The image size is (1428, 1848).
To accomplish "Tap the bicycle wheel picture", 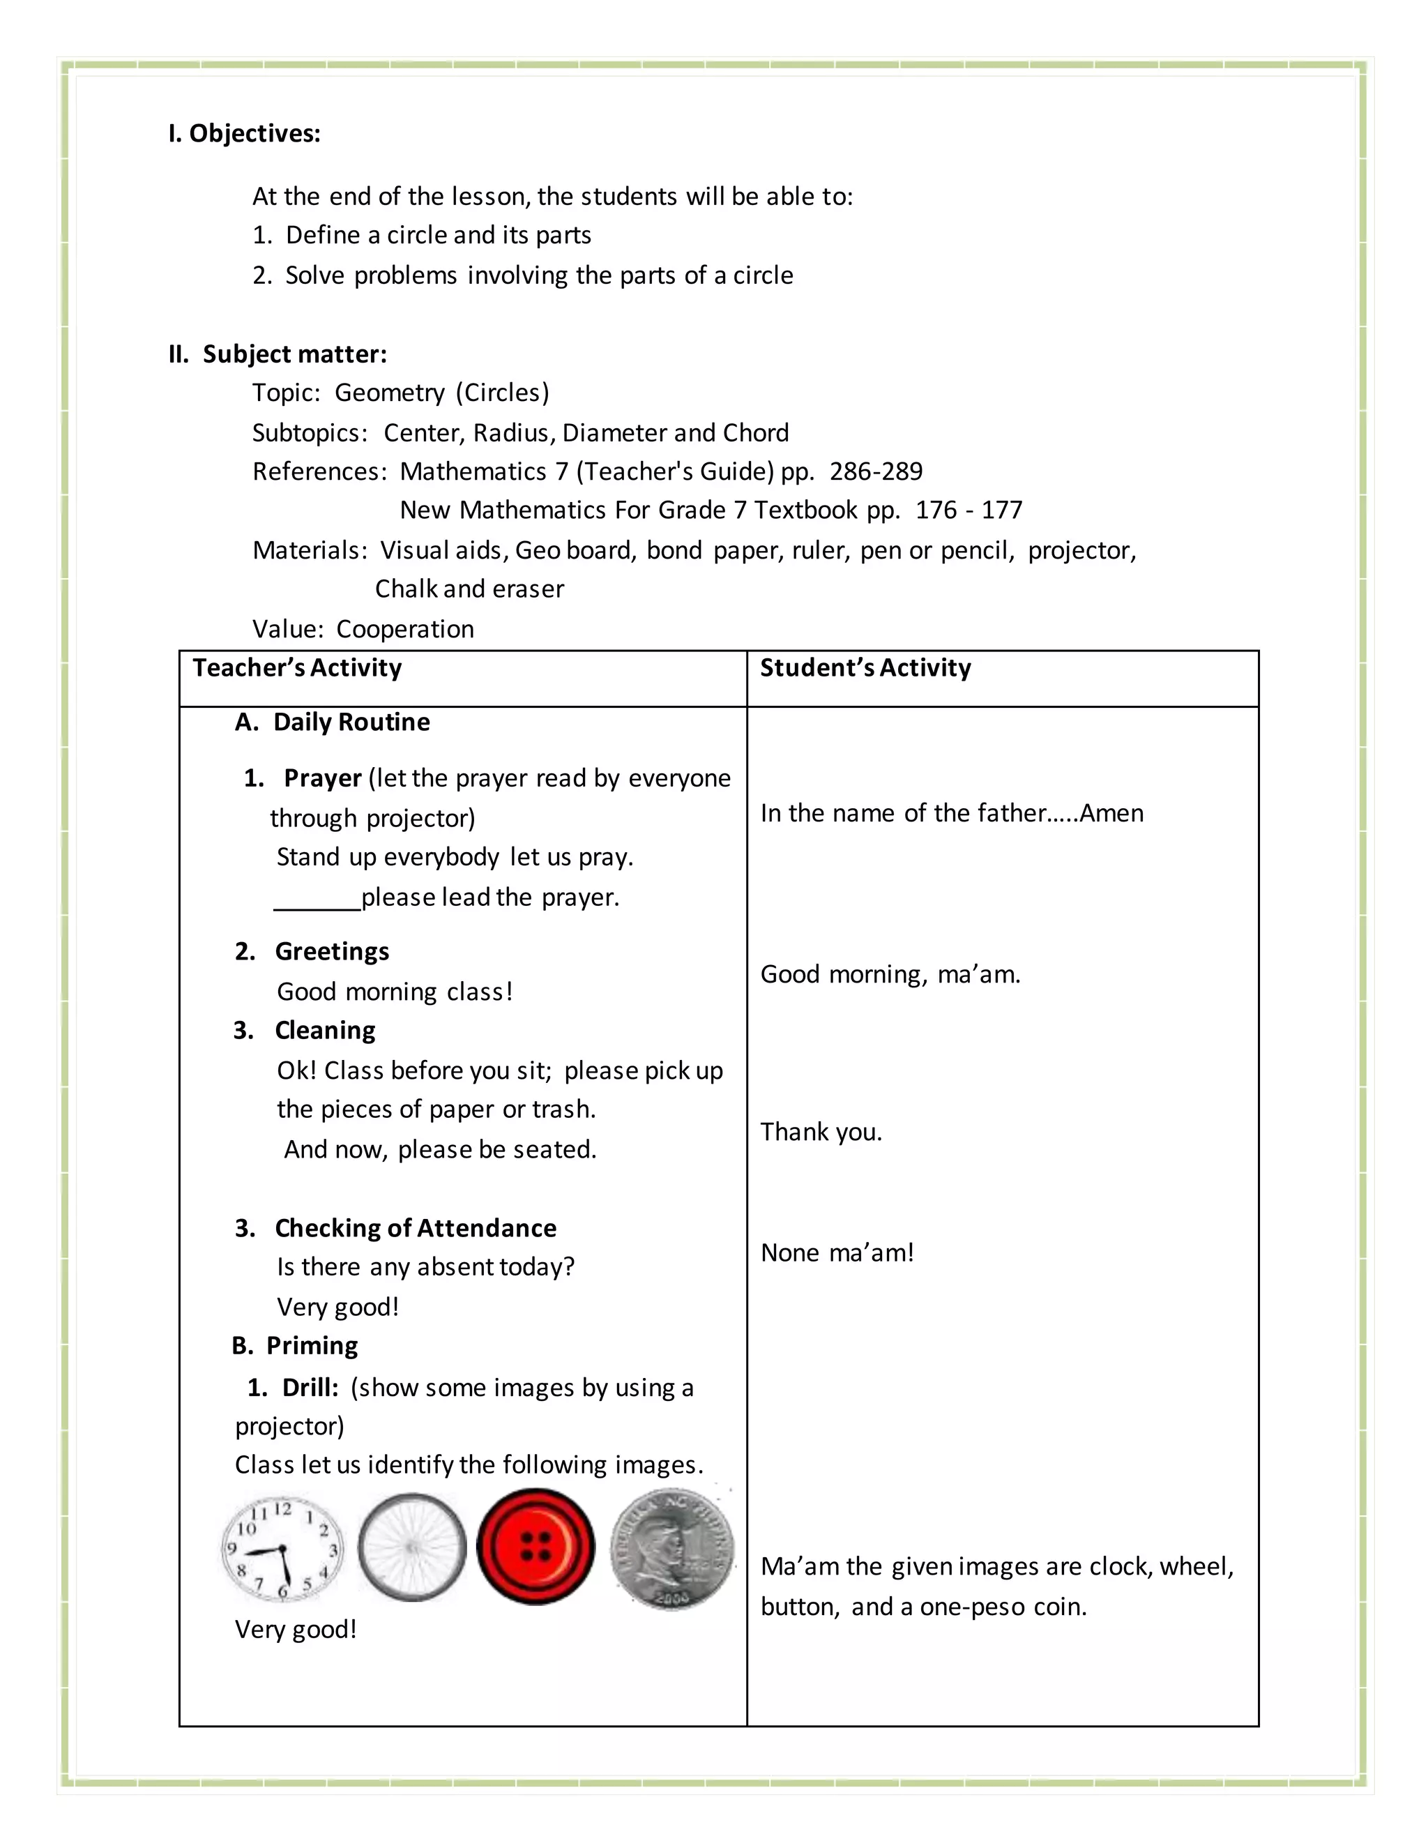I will [x=412, y=1547].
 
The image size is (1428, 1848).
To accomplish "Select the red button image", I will [x=535, y=1547].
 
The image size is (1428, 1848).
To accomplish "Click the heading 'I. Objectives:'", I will [x=245, y=134].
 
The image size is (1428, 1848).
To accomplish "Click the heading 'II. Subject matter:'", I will [x=278, y=354].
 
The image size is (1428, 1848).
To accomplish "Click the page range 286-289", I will [x=876, y=471].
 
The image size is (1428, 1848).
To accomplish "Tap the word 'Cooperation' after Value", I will [x=404, y=629].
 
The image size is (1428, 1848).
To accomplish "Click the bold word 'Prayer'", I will [x=322, y=778].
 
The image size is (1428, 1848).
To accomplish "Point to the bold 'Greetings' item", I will [x=332, y=951].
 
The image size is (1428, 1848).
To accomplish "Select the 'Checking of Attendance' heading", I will [x=416, y=1228].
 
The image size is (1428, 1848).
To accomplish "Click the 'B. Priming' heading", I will [x=295, y=1345].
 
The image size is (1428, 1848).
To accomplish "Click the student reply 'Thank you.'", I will [x=821, y=1131].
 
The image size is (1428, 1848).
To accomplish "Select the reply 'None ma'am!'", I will [x=837, y=1252].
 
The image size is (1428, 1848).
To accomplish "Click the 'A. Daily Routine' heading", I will [x=333, y=722].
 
